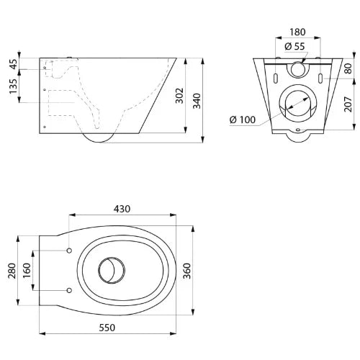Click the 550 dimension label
107,328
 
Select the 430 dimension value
122,209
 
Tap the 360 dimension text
187,271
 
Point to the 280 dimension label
12,271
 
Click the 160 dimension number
27,271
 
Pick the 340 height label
197,101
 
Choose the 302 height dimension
179,96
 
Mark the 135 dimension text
14,86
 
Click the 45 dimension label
14,64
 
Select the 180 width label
297,32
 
